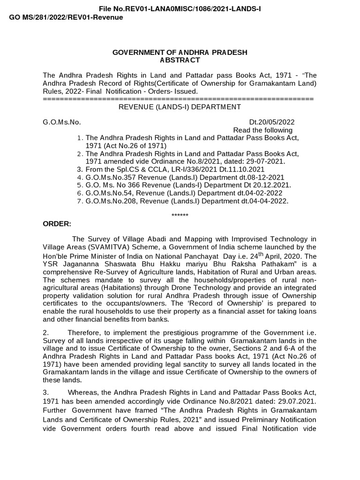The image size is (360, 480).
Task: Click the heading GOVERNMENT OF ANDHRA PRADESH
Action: pyautogui.click(x=180, y=52)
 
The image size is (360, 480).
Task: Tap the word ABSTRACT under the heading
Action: pyautogui.click(x=180, y=60)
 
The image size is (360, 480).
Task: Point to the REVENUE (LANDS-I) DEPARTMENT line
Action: pyautogui.click(x=180, y=107)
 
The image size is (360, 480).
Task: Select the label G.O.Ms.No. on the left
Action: pyautogui.click(x=62, y=122)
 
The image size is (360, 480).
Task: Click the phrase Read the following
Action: pyautogui.click(x=262, y=130)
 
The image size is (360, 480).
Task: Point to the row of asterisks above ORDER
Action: pyautogui.click(x=180, y=215)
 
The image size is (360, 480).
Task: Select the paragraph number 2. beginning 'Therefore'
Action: pyautogui.click(x=45, y=333)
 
